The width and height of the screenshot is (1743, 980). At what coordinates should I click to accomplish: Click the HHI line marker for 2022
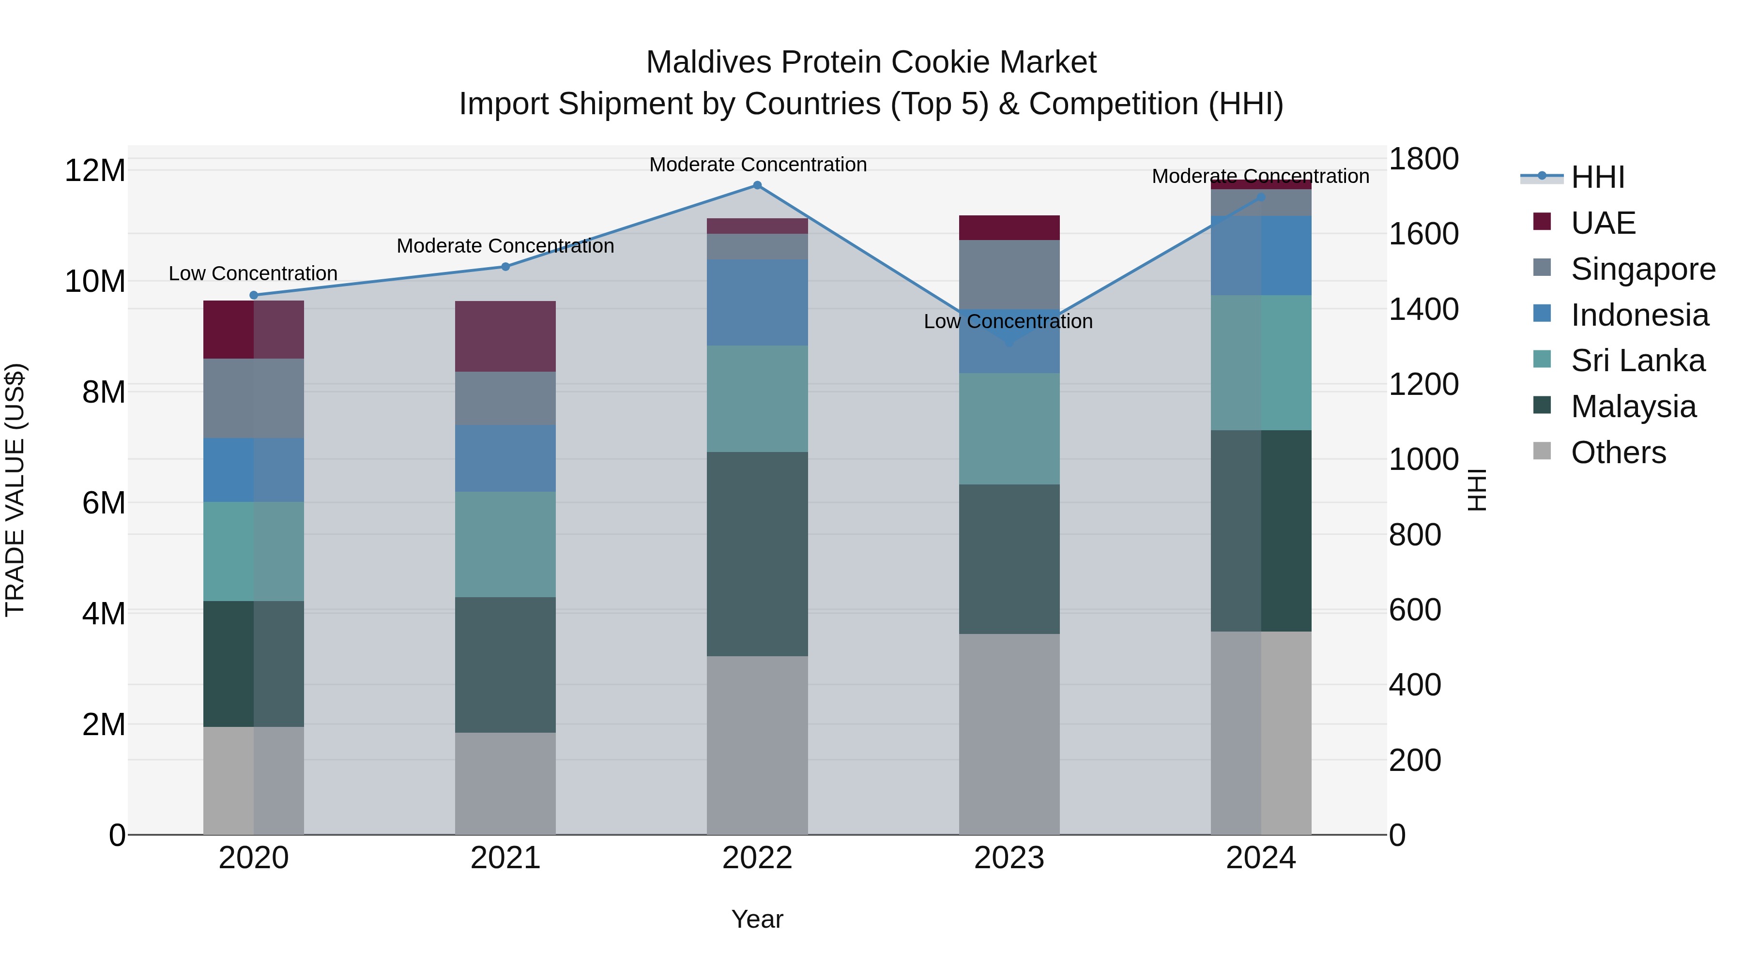click(757, 185)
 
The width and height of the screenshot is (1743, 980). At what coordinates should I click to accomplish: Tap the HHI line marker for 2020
click(254, 295)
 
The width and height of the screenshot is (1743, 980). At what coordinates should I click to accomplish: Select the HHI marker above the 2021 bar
click(505, 267)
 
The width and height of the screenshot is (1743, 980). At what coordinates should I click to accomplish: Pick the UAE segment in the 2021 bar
click(505, 336)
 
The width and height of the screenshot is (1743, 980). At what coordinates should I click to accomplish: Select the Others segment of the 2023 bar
click(1009, 734)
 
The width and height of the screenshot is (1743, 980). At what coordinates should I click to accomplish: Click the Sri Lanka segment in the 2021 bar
click(505, 544)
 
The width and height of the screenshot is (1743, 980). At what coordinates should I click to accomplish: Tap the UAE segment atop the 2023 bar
click(1009, 227)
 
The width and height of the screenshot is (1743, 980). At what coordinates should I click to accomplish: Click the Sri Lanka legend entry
click(1637, 361)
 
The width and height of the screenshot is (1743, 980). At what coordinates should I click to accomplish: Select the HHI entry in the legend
click(1597, 177)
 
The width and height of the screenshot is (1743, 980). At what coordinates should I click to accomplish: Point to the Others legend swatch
click(1542, 451)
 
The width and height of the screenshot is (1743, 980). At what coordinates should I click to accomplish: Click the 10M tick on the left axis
click(95, 281)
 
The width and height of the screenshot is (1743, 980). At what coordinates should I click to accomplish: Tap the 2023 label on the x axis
click(1009, 858)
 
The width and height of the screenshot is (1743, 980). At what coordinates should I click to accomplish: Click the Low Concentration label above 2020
click(253, 273)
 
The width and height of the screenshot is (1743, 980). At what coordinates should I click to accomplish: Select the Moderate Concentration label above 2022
click(758, 165)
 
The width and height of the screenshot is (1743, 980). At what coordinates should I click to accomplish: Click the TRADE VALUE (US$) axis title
click(15, 490)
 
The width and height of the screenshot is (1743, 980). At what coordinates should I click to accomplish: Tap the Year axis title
click(757, 919)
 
